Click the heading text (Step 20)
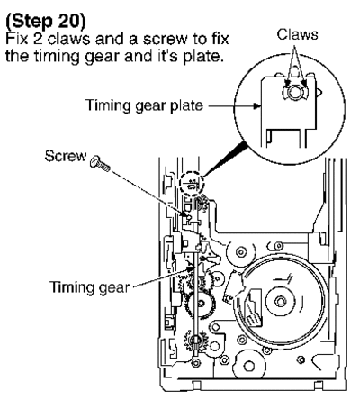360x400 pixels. point(46,22)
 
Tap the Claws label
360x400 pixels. point(297,34)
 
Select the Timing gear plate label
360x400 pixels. point(144,105)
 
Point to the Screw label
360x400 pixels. point(66,156)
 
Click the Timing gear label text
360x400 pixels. point(89,287)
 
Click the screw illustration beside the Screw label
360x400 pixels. point(100,163)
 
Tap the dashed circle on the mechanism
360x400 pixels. point(192,184)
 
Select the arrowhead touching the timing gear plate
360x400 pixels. point(256,105)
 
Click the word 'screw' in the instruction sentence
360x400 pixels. point(161,40)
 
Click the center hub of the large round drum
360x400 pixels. point(280,301)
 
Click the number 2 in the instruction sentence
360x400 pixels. point(38,39)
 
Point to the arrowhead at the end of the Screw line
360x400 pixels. point(187,214)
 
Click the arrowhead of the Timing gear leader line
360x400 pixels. point(190,268)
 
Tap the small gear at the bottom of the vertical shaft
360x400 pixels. point(196,341)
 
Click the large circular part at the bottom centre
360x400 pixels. point(249,366)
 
